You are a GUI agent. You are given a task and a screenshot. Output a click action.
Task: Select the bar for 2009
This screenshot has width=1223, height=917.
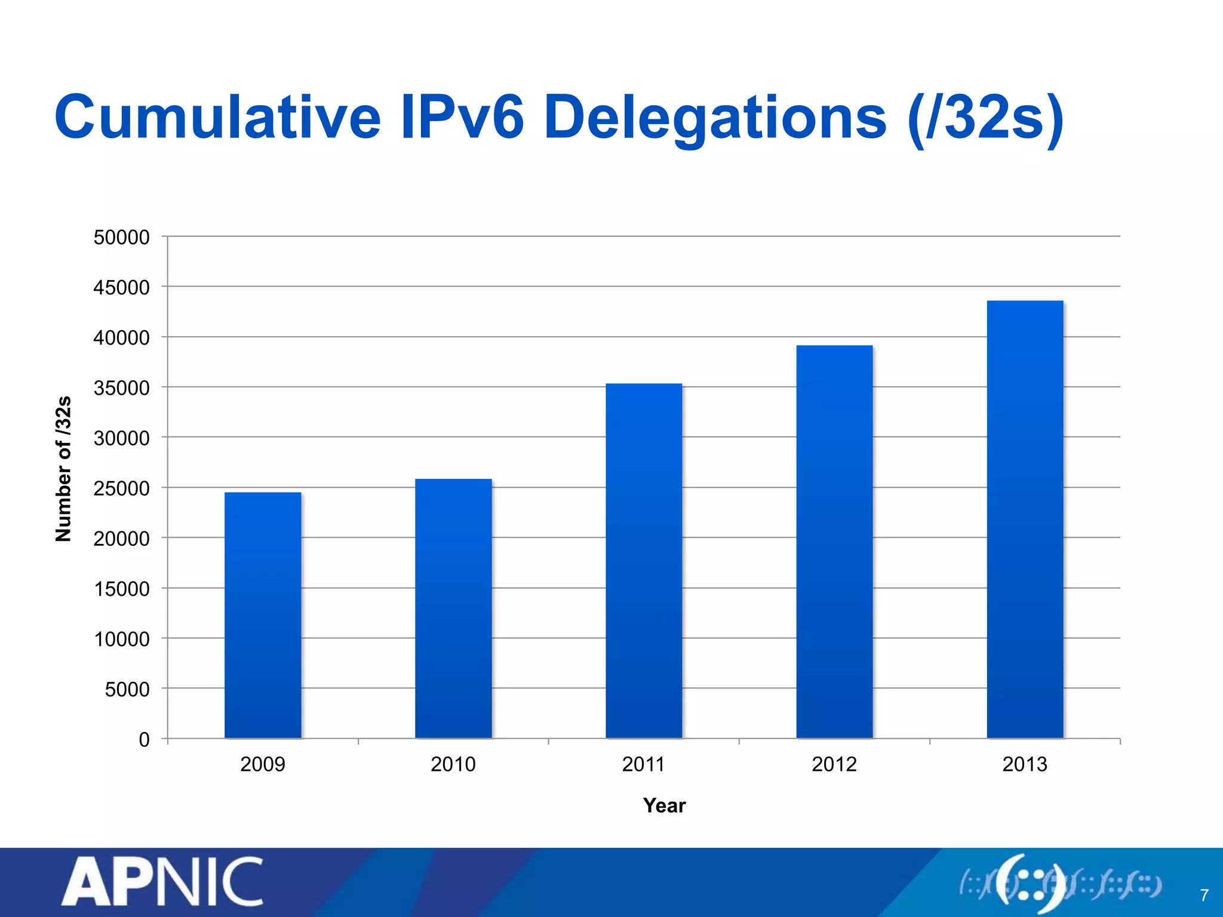pos(263,615)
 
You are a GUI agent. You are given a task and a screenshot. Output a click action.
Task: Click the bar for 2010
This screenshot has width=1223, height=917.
pos(453,609)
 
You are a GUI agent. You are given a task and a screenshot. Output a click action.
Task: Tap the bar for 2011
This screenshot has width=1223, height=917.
pos(644,561)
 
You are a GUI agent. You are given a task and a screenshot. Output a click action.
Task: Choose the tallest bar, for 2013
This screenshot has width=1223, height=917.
pos(1025,519)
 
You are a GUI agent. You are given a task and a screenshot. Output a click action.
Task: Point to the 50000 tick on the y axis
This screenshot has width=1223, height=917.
pos(121,238)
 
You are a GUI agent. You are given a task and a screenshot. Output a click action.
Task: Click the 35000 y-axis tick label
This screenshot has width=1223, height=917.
pos(121,389)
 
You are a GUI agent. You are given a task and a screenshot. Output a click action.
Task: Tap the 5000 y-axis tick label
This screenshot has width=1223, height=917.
pos(127,690)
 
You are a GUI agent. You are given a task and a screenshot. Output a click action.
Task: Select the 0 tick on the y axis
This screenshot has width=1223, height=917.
pos(144,740)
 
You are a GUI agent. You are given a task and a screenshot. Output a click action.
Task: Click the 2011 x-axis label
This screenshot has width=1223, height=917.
pos(643,765)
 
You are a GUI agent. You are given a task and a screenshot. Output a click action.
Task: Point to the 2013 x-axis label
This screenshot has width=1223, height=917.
pos(1025,765)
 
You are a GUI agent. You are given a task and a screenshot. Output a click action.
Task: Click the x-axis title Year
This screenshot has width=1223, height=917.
pos(664,806)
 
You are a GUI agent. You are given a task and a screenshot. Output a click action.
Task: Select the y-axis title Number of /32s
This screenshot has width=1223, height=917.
pos(63,469)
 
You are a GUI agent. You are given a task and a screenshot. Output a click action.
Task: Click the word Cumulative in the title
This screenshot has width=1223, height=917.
pos(217,117)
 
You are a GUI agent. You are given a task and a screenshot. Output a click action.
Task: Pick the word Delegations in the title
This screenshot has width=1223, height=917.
pos(715,118)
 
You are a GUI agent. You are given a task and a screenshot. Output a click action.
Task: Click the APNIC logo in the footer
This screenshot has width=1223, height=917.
pos(162,882)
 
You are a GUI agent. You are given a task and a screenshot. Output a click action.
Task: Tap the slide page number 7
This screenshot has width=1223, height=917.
pos(1204,896)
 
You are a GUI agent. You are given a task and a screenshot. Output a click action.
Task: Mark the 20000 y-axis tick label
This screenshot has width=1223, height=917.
pos(121,539)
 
